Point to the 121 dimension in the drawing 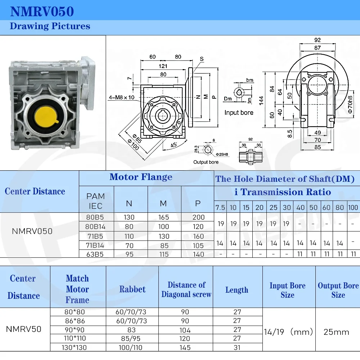(163, 66)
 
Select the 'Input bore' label (239, 113)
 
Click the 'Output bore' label (206, 162)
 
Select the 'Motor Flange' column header (141, 177)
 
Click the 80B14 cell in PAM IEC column (96, 227)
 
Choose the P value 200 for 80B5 (198, 217)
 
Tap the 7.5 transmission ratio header (220, 208)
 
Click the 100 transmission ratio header (353, 208)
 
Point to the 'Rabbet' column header (132, 289)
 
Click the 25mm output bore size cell (336, 332)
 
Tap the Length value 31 (237, 347)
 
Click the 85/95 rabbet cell (132, 339)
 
